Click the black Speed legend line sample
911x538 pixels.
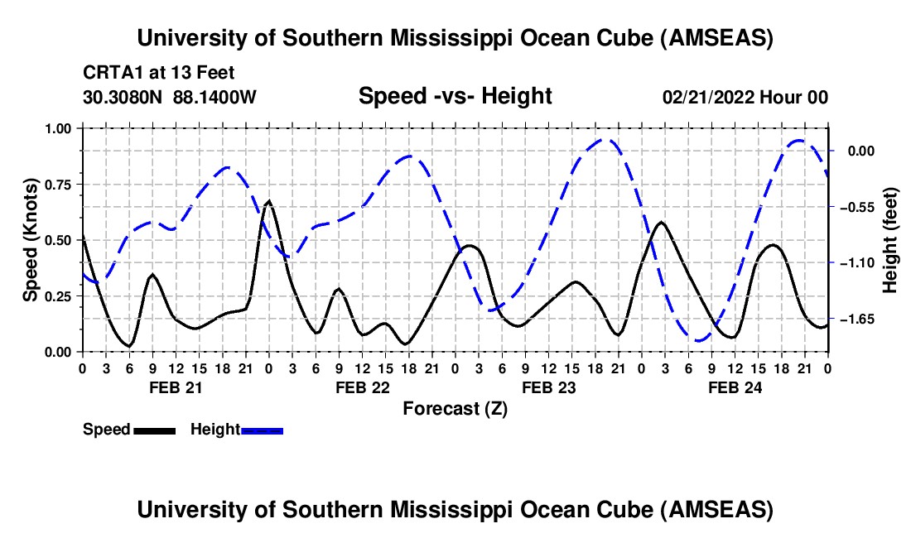pos(153,430)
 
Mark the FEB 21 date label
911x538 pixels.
pos(175,387)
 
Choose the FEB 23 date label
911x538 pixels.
pos(547,387)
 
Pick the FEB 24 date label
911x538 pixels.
pos(734,387)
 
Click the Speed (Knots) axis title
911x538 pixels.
pos(30,240)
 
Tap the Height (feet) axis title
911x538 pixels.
pos(890,240)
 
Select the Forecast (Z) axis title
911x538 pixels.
pos(455,408)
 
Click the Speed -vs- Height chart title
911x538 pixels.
pos(455,96)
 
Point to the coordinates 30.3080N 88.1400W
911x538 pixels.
pos(170,97)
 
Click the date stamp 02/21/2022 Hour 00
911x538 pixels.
pos(745,97)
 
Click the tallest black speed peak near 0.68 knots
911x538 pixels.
pos(268,200)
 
